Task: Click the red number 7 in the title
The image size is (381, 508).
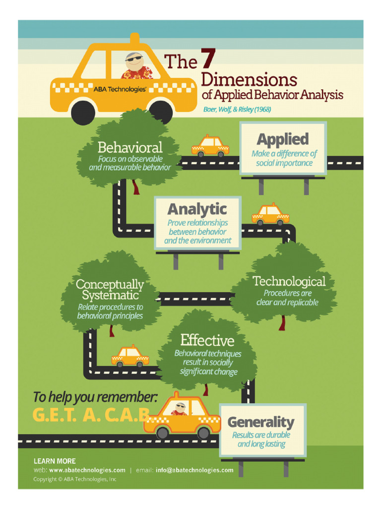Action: [x=208, y=59]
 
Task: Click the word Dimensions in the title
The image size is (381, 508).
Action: [x=249, y=79]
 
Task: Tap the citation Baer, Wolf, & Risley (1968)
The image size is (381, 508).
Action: [x=237, y=109]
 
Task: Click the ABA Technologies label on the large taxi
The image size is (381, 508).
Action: [x=120, y=89]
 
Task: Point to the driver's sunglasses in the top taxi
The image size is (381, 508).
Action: [x=132, y=59]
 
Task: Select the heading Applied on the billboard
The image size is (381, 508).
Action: [x=282, y=139]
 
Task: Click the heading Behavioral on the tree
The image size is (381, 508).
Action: [x=130, y=147]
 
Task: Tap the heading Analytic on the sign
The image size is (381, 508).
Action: [x=197, y=209]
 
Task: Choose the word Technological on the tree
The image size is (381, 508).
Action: [x=289, y=281]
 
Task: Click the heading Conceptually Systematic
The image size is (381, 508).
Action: [x=110, y=290]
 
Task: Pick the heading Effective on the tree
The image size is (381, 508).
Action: [x=207, y=340]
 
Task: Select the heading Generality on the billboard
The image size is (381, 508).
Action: [x=260, y=422]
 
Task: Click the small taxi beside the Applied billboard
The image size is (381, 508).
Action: [x=210, y=146]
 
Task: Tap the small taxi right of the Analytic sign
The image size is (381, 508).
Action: [x=270, y=214]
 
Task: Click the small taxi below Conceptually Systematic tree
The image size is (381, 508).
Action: [x=130, y=356]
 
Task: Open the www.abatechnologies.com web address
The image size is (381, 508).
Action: [x=87, y=470]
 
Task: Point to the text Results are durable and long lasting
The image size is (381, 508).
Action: [x=261, y=440]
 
